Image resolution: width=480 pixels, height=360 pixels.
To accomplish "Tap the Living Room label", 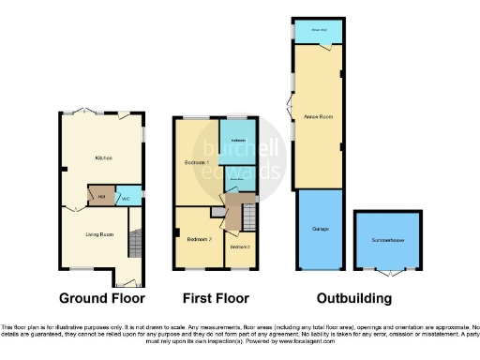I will [x=99, y=233].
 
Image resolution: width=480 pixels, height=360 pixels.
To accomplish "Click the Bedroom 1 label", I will [x=195, y=163].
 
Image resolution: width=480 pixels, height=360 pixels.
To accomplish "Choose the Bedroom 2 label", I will [x=197, y=240].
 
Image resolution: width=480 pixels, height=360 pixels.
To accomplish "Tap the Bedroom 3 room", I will [x=239, y=247].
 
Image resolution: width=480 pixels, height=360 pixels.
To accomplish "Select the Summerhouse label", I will [x=384, y=239].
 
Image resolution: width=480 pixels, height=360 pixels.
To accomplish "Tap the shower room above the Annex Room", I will [x=318, y=30].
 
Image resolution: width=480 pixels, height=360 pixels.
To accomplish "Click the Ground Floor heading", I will [x=102, y=299].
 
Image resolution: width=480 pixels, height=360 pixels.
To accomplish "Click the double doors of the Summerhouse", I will [x=384, y=274].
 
